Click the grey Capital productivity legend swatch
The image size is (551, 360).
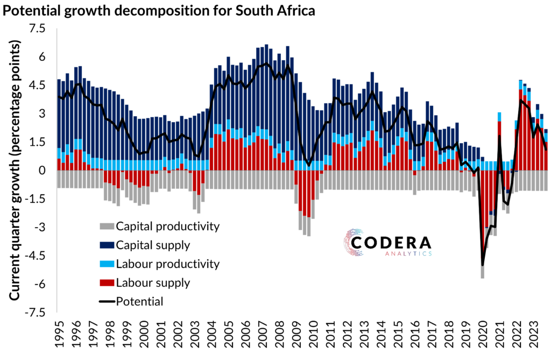click(107, 226)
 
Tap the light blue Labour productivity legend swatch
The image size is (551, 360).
click(107, 264)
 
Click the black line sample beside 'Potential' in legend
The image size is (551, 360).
click(107, 301)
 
